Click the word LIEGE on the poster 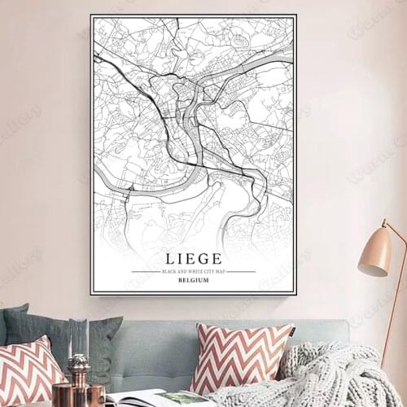point(193,258)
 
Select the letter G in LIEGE point(207,258)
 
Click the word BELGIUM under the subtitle point(193,280)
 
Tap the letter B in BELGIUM point(179,280)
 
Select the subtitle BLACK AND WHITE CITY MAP point(193,271)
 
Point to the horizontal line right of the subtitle point(241,271)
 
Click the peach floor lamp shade point(376,252)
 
